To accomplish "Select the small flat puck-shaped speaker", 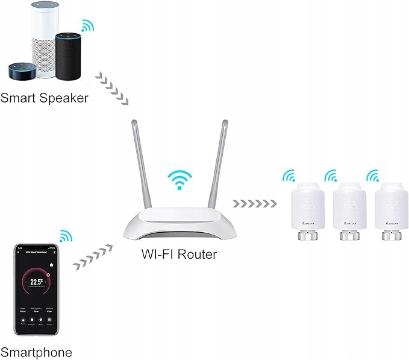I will click(22, 72).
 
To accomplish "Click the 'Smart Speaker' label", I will click(45, 97).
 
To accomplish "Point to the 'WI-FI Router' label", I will click(180, 254).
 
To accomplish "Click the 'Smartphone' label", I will click(36, 352).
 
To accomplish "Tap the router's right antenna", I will click(219, 163).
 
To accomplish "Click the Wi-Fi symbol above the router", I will click(180, 179).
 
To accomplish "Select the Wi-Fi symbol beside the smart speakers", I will click(88, 26).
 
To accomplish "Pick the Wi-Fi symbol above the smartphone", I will click(65, 236).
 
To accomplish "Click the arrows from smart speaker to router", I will click(113, 87).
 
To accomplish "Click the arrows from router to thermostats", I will click(255, 203).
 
